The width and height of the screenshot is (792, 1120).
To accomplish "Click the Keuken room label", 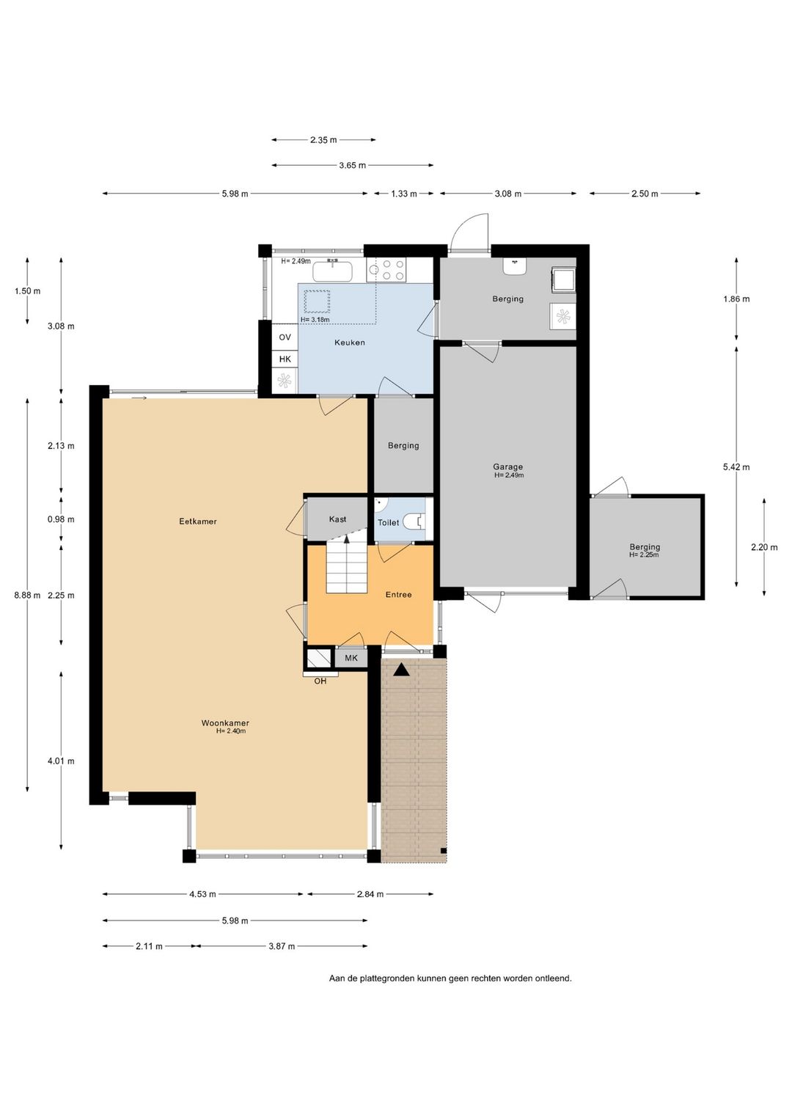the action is point(350,343).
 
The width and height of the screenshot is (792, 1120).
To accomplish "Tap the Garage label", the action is point(507,467).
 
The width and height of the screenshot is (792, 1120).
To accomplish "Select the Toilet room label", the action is point(389,522).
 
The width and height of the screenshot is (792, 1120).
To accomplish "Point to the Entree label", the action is point(398,595).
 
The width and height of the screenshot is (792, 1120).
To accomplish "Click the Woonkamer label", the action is point(225,723).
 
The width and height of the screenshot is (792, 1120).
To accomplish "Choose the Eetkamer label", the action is point(198,521).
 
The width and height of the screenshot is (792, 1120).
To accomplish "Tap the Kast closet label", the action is point(337,519).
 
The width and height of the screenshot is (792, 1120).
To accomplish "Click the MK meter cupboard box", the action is point(351,658).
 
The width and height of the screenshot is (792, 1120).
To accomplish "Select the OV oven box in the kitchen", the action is point(285,337).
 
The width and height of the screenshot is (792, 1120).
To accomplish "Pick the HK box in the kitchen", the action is point(285,359).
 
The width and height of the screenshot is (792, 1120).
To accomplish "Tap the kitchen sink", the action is point(334,271).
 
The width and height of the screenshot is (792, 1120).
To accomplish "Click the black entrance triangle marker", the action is point(401,670).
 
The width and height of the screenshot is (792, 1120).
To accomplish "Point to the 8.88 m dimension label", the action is point(27,595).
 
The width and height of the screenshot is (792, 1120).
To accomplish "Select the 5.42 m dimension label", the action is point(736,467).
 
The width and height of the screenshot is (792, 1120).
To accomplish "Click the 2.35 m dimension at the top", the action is point(323,140).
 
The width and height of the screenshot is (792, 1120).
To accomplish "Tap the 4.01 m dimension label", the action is point(61,761).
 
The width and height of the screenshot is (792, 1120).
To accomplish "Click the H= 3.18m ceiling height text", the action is point(315,320).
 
